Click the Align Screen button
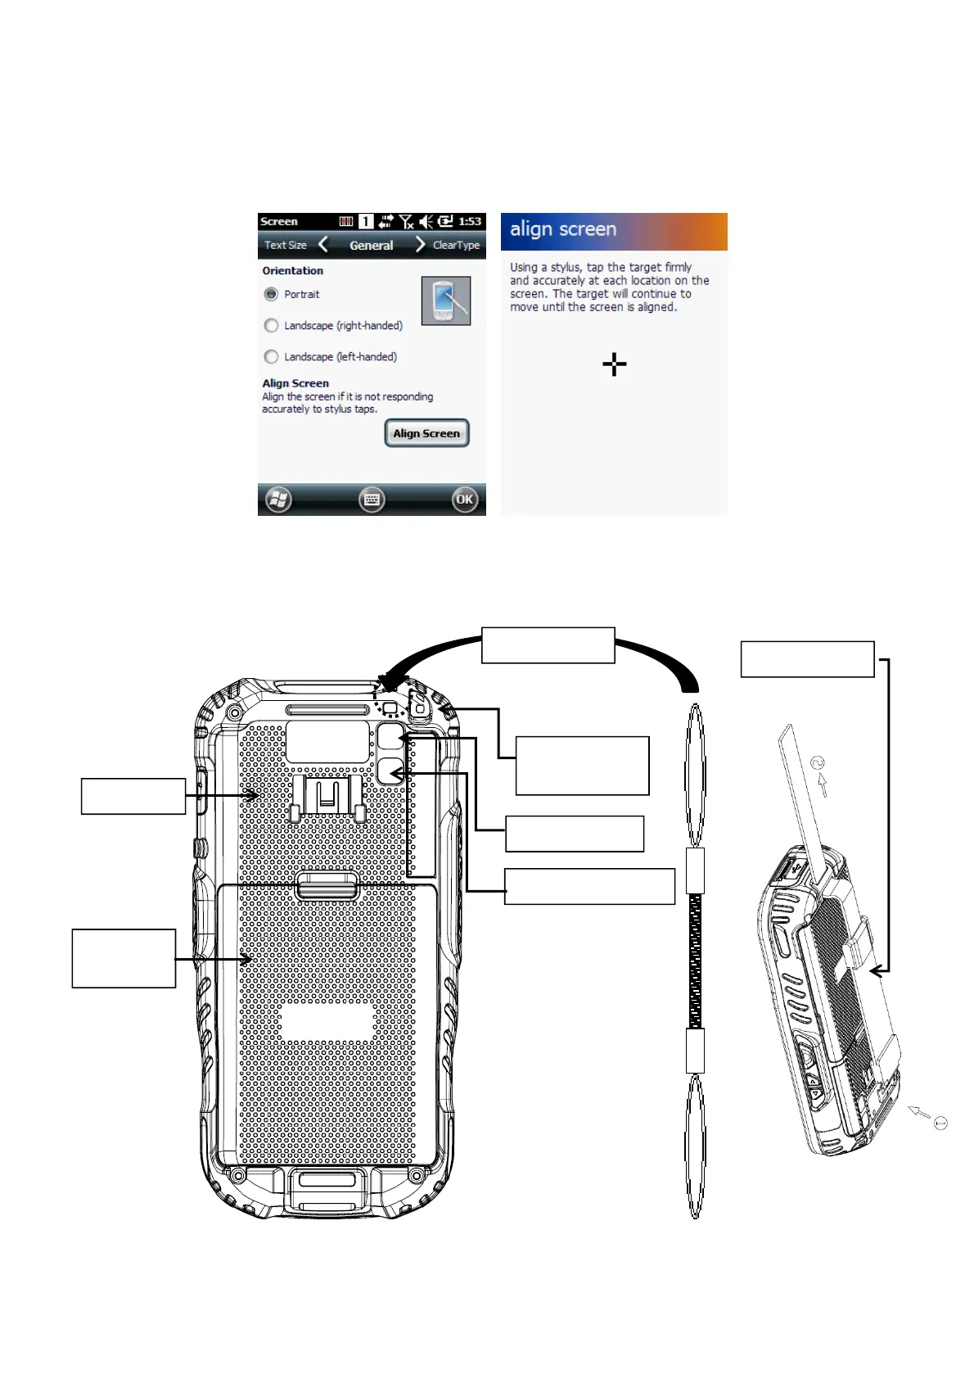pos(426,433)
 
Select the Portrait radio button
pos(271,294)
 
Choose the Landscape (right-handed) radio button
pos(271,325)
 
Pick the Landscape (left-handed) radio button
pos(271,356)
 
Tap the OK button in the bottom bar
pos(464,499)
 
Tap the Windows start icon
pos(278,499)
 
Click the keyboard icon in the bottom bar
pos(372,499)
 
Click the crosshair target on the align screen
pos(614,364)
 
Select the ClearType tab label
pos(456,245)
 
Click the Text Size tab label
pos(285,245)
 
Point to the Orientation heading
pos(292,270)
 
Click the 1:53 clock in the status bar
pos(470,221)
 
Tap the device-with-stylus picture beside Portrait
pos(445,301)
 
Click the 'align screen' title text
pos(563,229)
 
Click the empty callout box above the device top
pos(548,644)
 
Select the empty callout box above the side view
pos(807,659)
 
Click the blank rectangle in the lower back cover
pos(327,1022)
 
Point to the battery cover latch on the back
pos(327,885)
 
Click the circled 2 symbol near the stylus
pos(817,763)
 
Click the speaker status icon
pos(426,221)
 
